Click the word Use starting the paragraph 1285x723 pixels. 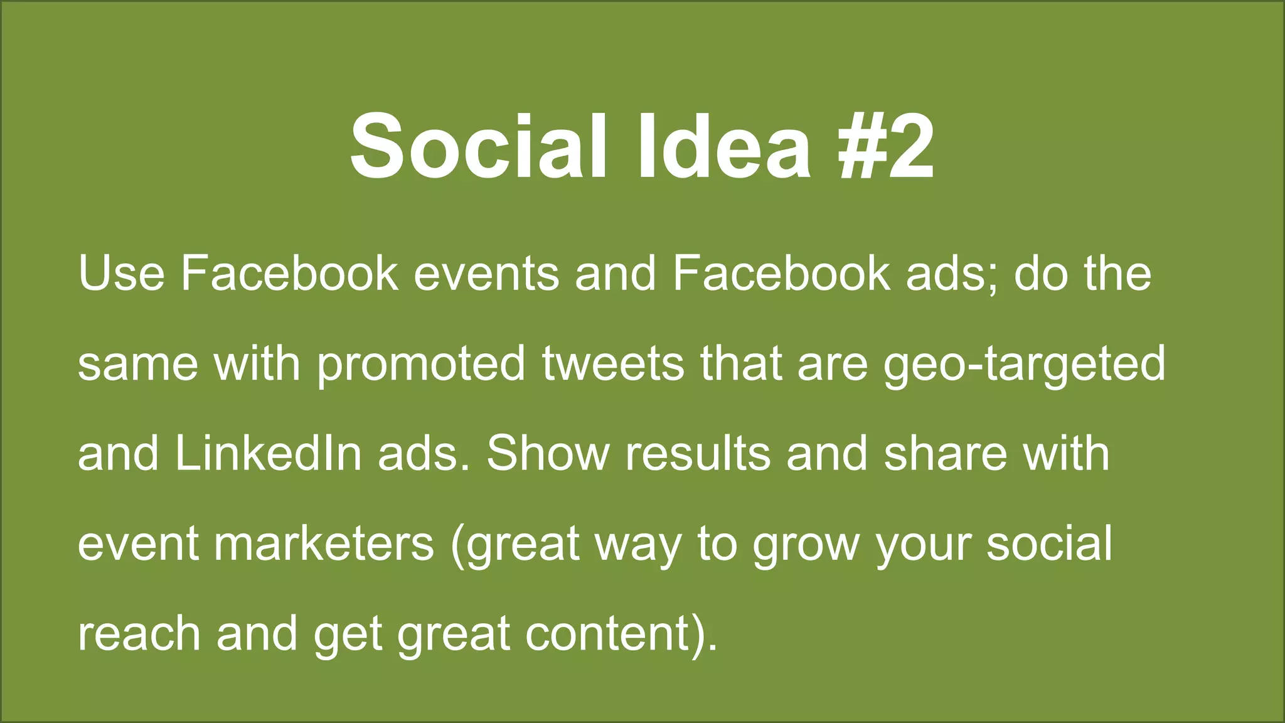click(121, 274)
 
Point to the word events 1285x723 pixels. click(486, 274)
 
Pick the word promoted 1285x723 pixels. click(421, 364)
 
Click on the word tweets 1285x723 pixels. click(613, 364)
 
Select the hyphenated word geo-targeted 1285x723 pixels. click(1024, 364)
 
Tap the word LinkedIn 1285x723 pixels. click(269, 454)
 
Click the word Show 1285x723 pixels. click(548, 454)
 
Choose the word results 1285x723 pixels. click(698, 454)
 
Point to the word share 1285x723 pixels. click(945, 454)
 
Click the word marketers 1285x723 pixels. click(324, 544)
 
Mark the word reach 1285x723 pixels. click(139, 634)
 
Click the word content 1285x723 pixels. click(608, 634)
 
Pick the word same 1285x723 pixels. click(137, 364)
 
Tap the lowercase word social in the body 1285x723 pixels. click(1049, 544)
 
